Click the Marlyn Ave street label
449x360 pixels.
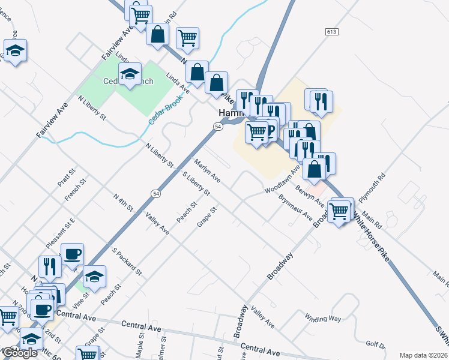click(207, 170)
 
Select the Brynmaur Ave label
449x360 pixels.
click(295, 206)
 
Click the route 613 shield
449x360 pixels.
click(331, 31)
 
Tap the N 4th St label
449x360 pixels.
click(122, 202)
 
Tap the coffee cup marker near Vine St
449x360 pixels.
click(72, 254)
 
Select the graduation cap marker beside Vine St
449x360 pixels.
click(94, 277)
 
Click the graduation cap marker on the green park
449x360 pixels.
click(130, 74)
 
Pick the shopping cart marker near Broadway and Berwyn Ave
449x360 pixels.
click(339, 211)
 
